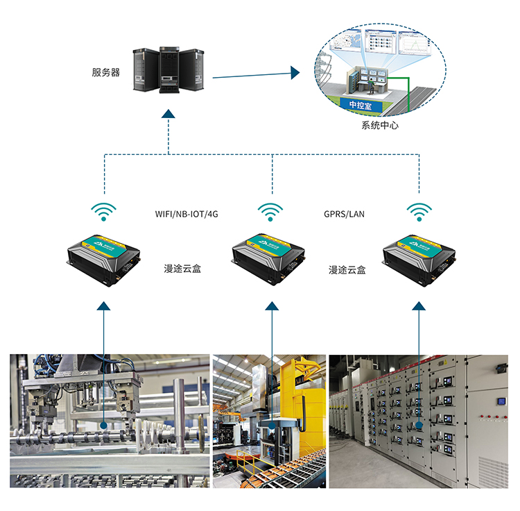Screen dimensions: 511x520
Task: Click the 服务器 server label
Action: (105, 72)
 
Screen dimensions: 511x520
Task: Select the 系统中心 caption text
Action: (380, 126)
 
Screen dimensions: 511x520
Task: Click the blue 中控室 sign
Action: (361, 105)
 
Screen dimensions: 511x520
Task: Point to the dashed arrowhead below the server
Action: (170, 114)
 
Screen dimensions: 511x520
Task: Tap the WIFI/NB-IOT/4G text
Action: (187, 214)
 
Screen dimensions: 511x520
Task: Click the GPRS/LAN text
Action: (344, 214)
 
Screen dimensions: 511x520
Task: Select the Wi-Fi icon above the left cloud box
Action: (105, 211)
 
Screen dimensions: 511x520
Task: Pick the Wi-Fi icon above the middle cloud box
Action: (270, 211)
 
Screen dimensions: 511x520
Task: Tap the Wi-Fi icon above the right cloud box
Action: (419, 211)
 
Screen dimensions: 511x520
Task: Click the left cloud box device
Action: (105, 258)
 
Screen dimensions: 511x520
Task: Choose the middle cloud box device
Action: (270, 258)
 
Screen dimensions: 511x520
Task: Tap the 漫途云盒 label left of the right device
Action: (347, 268)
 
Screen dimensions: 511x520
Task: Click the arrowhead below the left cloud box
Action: (104, 305)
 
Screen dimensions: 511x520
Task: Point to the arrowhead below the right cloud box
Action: (419, 305)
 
